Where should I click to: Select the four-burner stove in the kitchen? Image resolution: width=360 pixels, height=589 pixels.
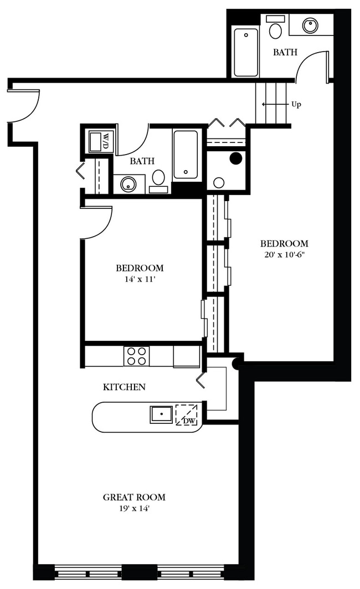136,356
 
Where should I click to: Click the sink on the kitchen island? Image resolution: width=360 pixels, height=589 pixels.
161,414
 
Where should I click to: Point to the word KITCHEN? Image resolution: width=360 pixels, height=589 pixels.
124,387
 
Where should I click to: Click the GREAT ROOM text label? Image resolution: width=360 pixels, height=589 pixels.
133,497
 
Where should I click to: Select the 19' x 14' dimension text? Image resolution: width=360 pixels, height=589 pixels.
133,508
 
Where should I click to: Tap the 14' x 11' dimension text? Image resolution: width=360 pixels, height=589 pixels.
139,279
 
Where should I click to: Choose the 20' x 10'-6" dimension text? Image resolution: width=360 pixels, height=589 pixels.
284,255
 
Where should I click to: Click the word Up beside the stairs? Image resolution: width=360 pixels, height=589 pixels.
296,104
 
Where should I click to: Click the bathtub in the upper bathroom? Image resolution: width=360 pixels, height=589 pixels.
245,52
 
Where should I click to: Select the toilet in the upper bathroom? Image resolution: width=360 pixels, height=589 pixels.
275,28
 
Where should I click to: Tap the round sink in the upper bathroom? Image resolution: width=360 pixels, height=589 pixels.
310,25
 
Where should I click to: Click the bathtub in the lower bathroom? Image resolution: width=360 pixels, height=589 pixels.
186,155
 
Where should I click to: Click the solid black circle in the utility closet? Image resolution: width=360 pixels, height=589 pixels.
235,158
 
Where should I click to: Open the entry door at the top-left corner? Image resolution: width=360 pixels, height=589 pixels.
25,105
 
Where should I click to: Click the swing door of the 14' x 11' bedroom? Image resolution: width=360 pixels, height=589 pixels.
97,222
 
